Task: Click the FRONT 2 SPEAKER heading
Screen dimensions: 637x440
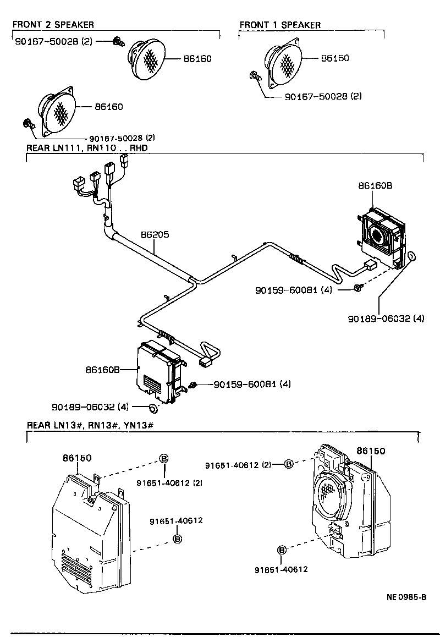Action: click(x=53, y=25)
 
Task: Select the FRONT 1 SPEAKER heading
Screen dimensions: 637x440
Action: click(x=280, y=25)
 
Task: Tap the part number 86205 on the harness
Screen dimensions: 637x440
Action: click(x=155, y=235)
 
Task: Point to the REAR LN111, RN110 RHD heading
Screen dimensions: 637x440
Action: click(x=87, y=149)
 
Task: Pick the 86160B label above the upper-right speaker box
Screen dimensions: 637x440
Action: click(x=375, y=186)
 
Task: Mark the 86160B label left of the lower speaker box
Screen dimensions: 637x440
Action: click(x=102, y=370)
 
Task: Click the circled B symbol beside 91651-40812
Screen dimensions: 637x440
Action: click(x=289, y=465)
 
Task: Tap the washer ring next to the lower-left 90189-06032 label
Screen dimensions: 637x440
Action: click(x=153, y=408)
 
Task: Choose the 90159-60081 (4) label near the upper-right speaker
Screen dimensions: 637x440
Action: click(x=294, y=289)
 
